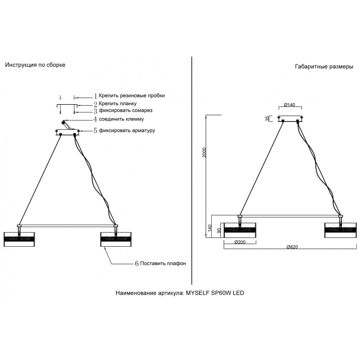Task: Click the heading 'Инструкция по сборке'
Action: point(35,65)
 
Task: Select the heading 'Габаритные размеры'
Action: point(324,67)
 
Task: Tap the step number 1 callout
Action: point(96,96)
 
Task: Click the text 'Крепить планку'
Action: point(118,104)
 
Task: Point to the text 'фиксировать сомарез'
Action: point(126,110)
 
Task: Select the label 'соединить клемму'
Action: point(121,119)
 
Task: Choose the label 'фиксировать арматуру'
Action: point(127,131)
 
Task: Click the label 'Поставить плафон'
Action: point(163,264)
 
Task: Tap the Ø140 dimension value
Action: point(289,105)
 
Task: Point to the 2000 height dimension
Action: point(204,153)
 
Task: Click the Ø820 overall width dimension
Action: point(292,247)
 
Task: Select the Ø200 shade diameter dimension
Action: point(240,242)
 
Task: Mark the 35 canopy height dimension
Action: point(267,119)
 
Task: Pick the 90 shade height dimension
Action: point(219,230)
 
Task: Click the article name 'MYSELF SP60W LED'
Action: point(215,293)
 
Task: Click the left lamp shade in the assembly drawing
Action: point(19,240)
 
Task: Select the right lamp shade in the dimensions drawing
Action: point(340,230)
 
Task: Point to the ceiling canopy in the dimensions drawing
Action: point(290,119)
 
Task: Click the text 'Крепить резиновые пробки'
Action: point(132,96)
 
